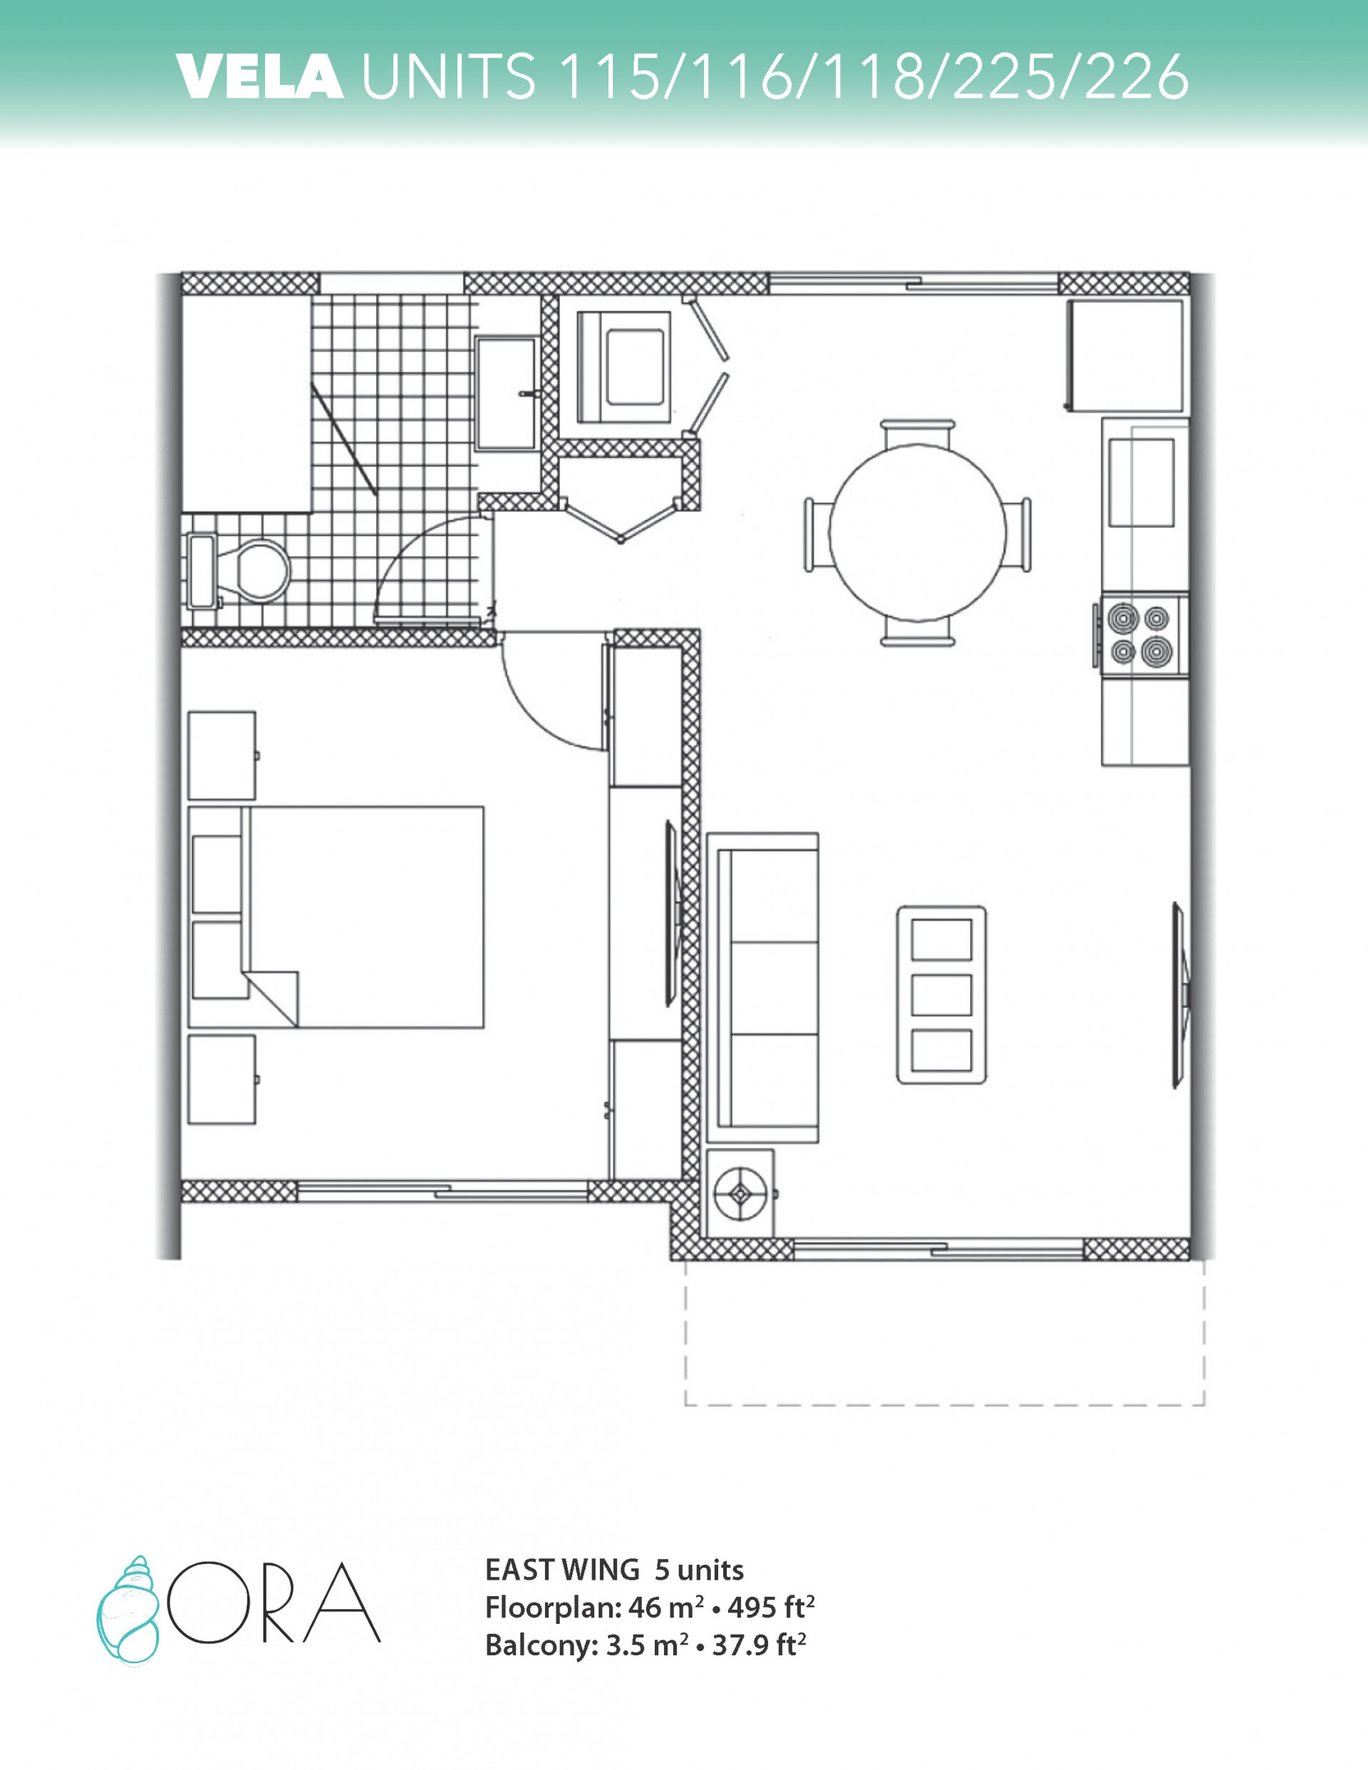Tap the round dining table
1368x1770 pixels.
point(918,532)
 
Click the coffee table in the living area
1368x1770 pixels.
point(941,995)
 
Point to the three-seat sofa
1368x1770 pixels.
point(762,987)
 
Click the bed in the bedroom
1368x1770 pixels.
point(336,916)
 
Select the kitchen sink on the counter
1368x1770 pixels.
point(1141,482)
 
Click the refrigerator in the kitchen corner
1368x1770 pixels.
point(1125,355)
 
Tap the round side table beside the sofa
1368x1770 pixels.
point(740,1194)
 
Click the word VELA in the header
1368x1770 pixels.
point(259,78)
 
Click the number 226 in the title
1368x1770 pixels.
point(1136,78)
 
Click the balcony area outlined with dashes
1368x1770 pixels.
point(945,1332)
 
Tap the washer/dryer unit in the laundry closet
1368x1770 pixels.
point(624,367)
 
